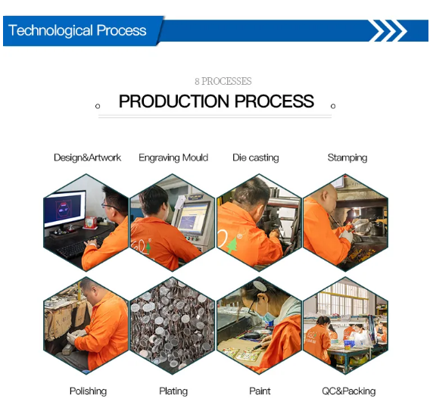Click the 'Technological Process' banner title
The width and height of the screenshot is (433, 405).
pos(77,30)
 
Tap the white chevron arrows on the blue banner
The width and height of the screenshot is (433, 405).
pos(389,30)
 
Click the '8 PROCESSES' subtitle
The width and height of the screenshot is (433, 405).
pos(223,81)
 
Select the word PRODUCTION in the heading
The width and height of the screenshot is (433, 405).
pos(174,101)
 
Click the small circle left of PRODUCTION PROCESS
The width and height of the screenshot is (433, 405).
pos(98,106)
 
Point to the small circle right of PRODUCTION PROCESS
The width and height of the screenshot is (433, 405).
pos(333,106)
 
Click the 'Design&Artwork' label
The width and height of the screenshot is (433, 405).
pos(87,157)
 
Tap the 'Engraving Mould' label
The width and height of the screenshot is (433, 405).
pos(173,157)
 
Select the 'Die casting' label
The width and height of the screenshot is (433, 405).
pos(256,157)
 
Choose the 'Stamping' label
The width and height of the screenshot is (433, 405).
pos(347,157)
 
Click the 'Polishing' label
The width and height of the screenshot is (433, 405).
pos(88,391)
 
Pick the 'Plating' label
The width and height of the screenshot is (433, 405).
pos(173,391)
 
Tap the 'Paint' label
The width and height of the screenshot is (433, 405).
pos(260,391)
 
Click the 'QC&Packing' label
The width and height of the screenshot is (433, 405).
pos(349,391)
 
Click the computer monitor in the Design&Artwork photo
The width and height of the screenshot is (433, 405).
pos(65,209)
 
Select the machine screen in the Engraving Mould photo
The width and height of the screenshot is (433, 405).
pos(193,218)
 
